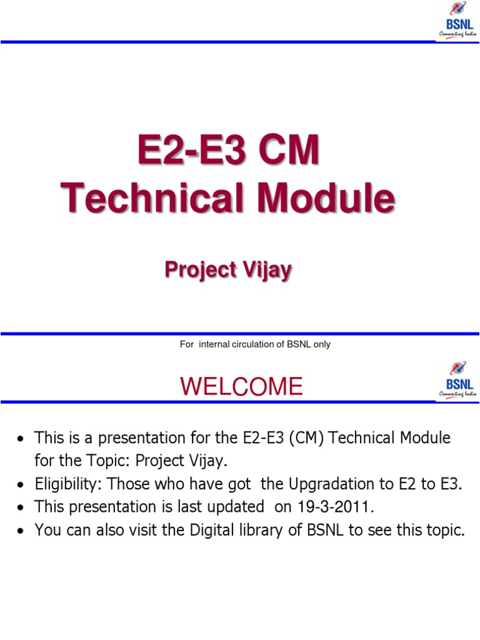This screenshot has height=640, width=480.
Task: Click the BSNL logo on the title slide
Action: coord(458,20)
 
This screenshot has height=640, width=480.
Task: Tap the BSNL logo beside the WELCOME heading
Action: coord(458,380)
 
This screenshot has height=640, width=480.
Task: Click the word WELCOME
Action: coord(241,386)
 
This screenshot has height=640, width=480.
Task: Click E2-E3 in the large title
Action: coord(191,149)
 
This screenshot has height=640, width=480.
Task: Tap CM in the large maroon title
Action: coord(289,149)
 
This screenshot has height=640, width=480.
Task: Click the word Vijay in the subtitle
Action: coord(267,271)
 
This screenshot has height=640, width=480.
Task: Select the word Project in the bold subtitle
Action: coord(201,271)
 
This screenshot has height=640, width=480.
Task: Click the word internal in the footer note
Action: coord(214,344)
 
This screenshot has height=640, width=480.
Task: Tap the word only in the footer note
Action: coord(322,344)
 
